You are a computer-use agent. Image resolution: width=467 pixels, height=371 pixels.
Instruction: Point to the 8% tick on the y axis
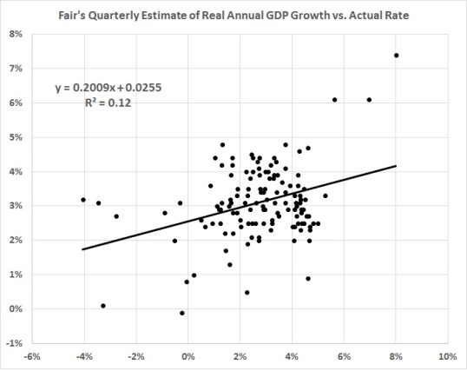(x=16, y=34)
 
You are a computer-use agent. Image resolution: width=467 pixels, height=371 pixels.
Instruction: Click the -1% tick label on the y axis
(x=15, y=343)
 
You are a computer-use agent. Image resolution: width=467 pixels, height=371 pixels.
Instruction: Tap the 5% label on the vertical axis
(x=16, y=137)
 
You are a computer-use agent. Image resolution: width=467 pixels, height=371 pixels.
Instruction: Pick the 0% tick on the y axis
(x=16, y=309)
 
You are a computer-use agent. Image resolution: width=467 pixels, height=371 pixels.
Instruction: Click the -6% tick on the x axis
(x=32, y=356)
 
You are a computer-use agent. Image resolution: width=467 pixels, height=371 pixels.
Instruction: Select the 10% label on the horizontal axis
(x=447, y=356)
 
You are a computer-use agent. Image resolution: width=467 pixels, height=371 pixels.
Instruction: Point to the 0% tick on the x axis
(x=188, y=356)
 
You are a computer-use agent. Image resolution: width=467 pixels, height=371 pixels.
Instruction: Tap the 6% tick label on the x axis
(x=344, y=356)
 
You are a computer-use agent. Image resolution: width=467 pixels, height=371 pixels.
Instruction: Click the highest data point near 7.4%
(x=396, y=55)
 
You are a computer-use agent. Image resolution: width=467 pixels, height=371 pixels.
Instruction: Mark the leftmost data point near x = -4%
(x=83, y=200)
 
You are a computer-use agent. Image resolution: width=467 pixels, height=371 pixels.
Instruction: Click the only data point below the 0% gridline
(x=182, y=313)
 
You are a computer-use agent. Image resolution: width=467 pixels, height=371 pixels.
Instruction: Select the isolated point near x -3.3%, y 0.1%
(x=103, y=306)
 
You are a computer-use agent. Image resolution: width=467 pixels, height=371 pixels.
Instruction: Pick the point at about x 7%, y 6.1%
(x=369, y=100)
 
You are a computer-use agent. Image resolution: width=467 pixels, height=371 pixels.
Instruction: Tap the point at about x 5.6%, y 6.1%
(x=334, y=100)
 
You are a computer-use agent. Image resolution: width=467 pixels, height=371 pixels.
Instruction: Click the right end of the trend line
(x=396, y=165)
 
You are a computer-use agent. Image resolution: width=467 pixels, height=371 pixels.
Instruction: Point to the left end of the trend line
(x=83, y=249)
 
